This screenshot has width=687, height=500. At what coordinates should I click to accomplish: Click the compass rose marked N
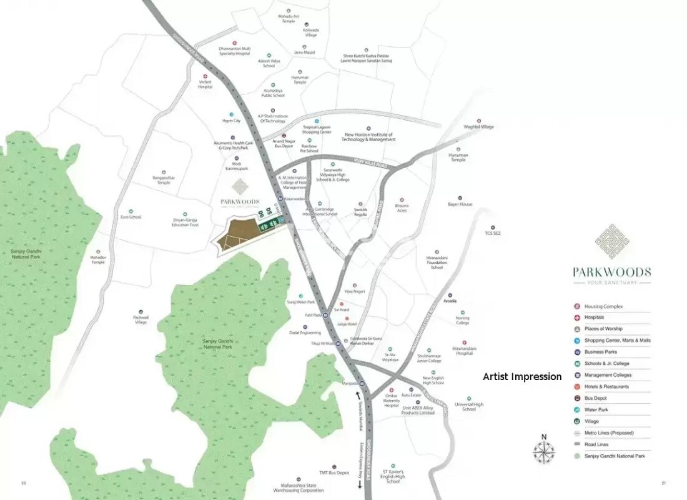pyautogui.click(x=543, y=450)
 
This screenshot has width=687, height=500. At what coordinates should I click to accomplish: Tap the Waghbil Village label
pyautogui.click(x=479, y=127)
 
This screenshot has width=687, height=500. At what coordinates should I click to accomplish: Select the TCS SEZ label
pyautogui.click(x=493, y=233)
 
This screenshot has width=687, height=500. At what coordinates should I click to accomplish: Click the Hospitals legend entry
pyautogui.click(x=594, y=317)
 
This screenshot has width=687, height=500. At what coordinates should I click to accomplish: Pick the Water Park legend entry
pyautogui.click(x=597, y=409)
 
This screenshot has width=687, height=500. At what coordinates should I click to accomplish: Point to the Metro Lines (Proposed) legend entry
pyautogui.click(x=609, y=432)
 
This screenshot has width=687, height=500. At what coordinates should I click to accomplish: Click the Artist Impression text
pyautogui.click(x=522, y=377)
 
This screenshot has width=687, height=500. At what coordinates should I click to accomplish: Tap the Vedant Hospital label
pyautogui.click(x=205, y=84)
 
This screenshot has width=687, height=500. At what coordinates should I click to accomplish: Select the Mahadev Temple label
pyautogui.click(x=98, y=259)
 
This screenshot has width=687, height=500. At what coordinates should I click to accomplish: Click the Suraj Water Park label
pyautogui.click(x=300, y=302)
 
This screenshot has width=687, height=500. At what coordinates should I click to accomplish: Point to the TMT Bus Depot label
pyautogui.click(x=334, y=473)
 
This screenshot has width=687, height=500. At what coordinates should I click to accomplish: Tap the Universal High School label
pyautogui.click(x=469, y=406)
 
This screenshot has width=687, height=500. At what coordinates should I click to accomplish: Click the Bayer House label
pyautogui.click(x=460, y=204)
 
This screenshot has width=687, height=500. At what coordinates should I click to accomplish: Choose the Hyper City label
pyautogui.click(x=231, y=121)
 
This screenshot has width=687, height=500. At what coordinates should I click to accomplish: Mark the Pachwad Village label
pyautogui.click(x=141, y=319)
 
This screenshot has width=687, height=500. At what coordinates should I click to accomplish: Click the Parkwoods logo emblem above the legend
pyautogui.click(x=612, y=241)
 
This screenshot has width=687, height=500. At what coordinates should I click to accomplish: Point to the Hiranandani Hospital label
pyautogui.click(x=464, y=351)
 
